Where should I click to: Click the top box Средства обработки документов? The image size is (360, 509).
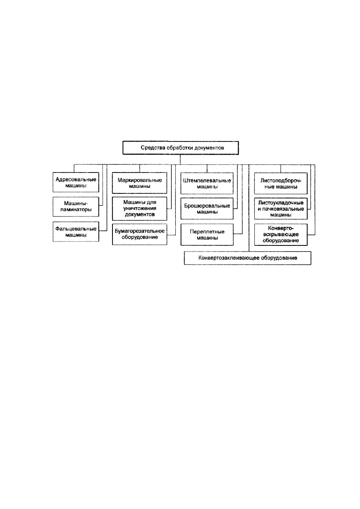pos(181,148)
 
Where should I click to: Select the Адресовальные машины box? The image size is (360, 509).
pos(76,182)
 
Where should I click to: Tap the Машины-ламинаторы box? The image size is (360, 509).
pos(76,207)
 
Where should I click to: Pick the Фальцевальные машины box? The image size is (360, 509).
pos(76,232)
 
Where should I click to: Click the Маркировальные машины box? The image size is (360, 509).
pos(139,183)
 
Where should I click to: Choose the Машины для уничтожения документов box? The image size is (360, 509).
pos(139,208)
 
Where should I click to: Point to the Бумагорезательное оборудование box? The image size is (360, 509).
pos(139,234)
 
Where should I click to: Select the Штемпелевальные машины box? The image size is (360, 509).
pos(207,183)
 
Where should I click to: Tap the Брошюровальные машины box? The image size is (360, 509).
pos(207,209)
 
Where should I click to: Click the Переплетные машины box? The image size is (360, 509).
pos(207,235)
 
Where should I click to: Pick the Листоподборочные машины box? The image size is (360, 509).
pos(281,183)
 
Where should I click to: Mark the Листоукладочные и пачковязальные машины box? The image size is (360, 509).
pos(281,209)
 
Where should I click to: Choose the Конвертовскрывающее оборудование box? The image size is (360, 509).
pos(281,235)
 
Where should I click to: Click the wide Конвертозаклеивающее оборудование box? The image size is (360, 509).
pos(248,258)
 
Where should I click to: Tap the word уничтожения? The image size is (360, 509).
pos(140,208)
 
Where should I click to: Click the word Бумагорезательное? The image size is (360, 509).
pos(139,231)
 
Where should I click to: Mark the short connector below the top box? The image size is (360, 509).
pos(180,159)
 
